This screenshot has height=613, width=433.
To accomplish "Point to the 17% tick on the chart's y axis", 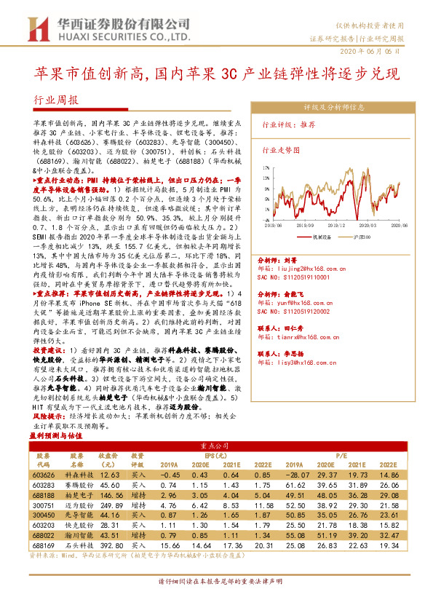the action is (x=266, y=167).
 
